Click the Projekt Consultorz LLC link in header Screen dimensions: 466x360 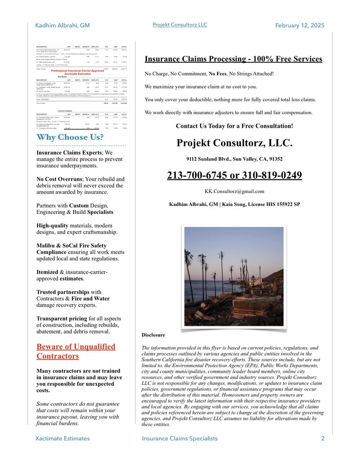coord(180,25)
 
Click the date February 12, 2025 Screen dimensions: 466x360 coord(299,25)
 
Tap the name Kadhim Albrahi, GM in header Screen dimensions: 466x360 coord(62,25)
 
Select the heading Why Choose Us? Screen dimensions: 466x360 coord(70,137)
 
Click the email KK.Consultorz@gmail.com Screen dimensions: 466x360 coord(234,191)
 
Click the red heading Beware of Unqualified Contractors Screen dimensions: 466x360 coord(75,351)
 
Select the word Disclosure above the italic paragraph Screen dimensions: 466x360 coord(153,335)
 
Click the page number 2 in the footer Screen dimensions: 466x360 coord(323,439)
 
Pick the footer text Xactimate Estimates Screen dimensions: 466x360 coord(62,439)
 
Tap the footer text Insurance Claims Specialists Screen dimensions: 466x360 coord(180,439)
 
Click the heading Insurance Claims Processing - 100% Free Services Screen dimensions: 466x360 coord(233,59)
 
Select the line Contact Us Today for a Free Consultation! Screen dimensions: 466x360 coord(234,126)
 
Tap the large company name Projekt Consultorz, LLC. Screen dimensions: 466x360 coord(234,143)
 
